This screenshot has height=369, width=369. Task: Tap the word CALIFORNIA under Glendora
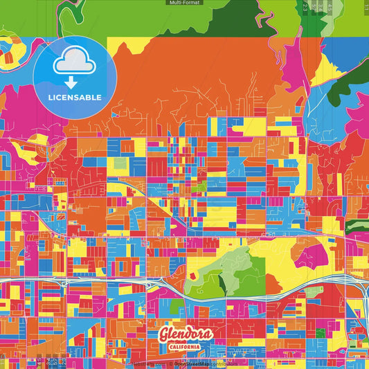pyautogui.click(x=186, y=347)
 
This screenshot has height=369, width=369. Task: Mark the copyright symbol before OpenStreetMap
pyautogui.click(x=170, y=363)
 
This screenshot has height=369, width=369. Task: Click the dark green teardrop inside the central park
pyautogui.click(x=223, y=283)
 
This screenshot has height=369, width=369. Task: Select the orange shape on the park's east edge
pyautogui.click(x=273, y=283)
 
